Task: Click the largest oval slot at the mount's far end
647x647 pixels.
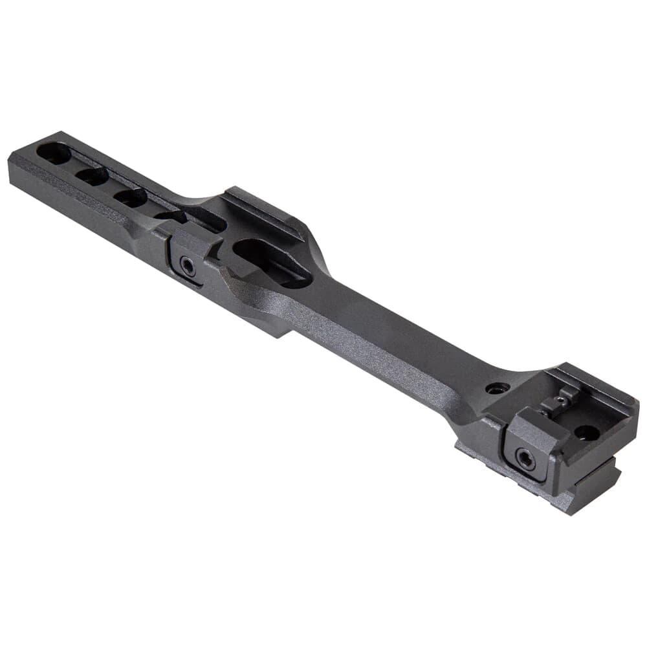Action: tap(54, 154)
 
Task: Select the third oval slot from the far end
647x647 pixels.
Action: tap(131, 197)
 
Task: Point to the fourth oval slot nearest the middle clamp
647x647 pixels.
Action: tap(170, 217)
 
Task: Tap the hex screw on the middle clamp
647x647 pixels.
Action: tap(188, 267)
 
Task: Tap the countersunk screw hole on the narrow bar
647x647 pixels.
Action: tap(497, 389)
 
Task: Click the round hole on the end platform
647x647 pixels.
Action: tap(587, 432)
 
